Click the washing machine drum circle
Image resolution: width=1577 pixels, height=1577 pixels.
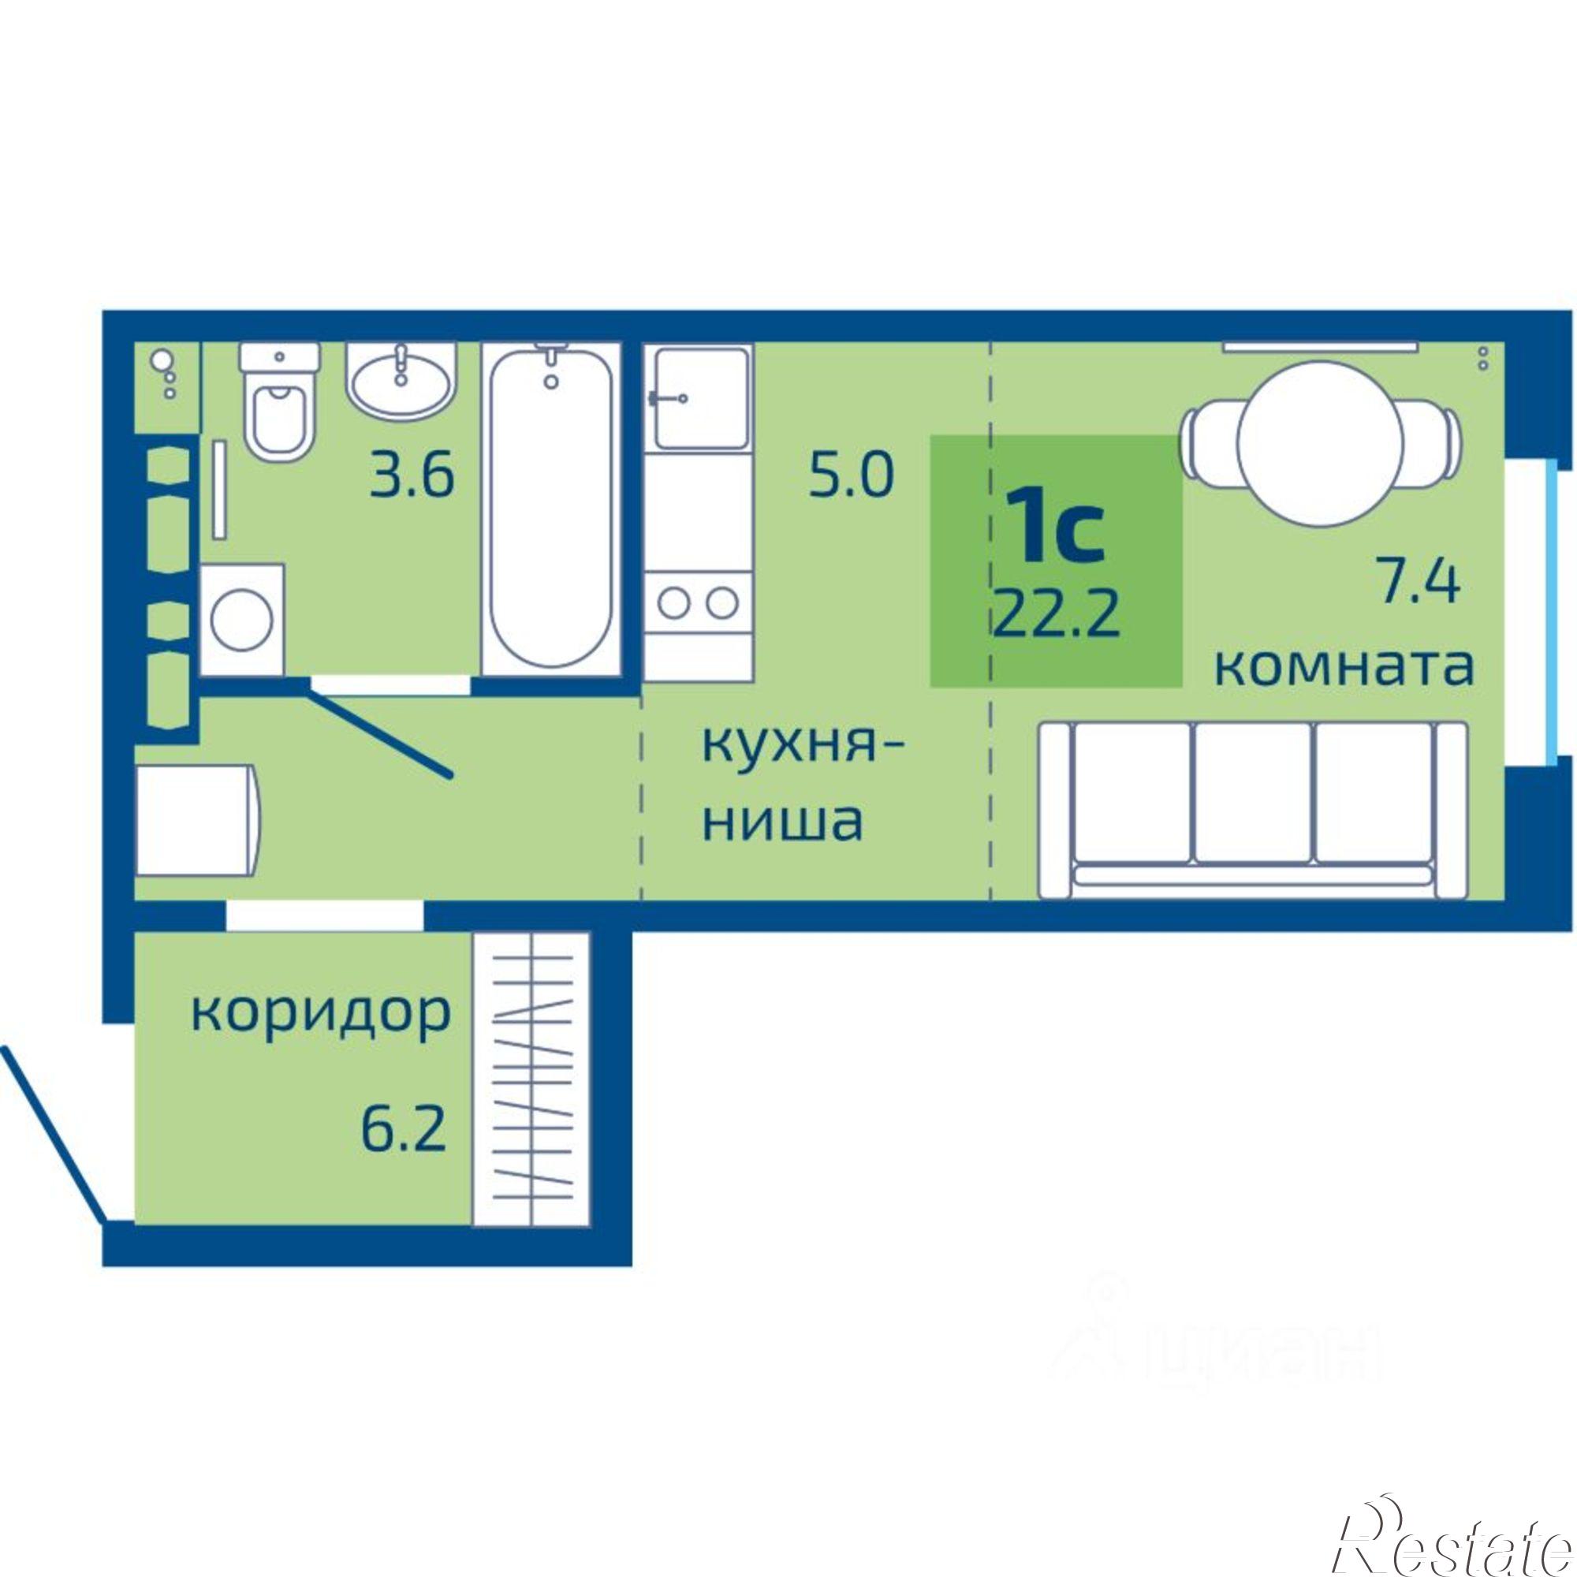click(x=241, y=619)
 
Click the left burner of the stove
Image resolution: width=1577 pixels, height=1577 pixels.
click(x=674, y=604)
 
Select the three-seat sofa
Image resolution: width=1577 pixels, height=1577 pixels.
click(x=1253, y=809)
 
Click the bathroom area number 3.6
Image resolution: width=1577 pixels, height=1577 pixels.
click(x=411, y=477)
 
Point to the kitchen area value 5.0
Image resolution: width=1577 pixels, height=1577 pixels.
click(x=851, y=477)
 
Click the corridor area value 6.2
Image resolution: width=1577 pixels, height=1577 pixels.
click(x=403, y=1131)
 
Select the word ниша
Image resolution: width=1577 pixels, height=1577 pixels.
click(x=782, y=820)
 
